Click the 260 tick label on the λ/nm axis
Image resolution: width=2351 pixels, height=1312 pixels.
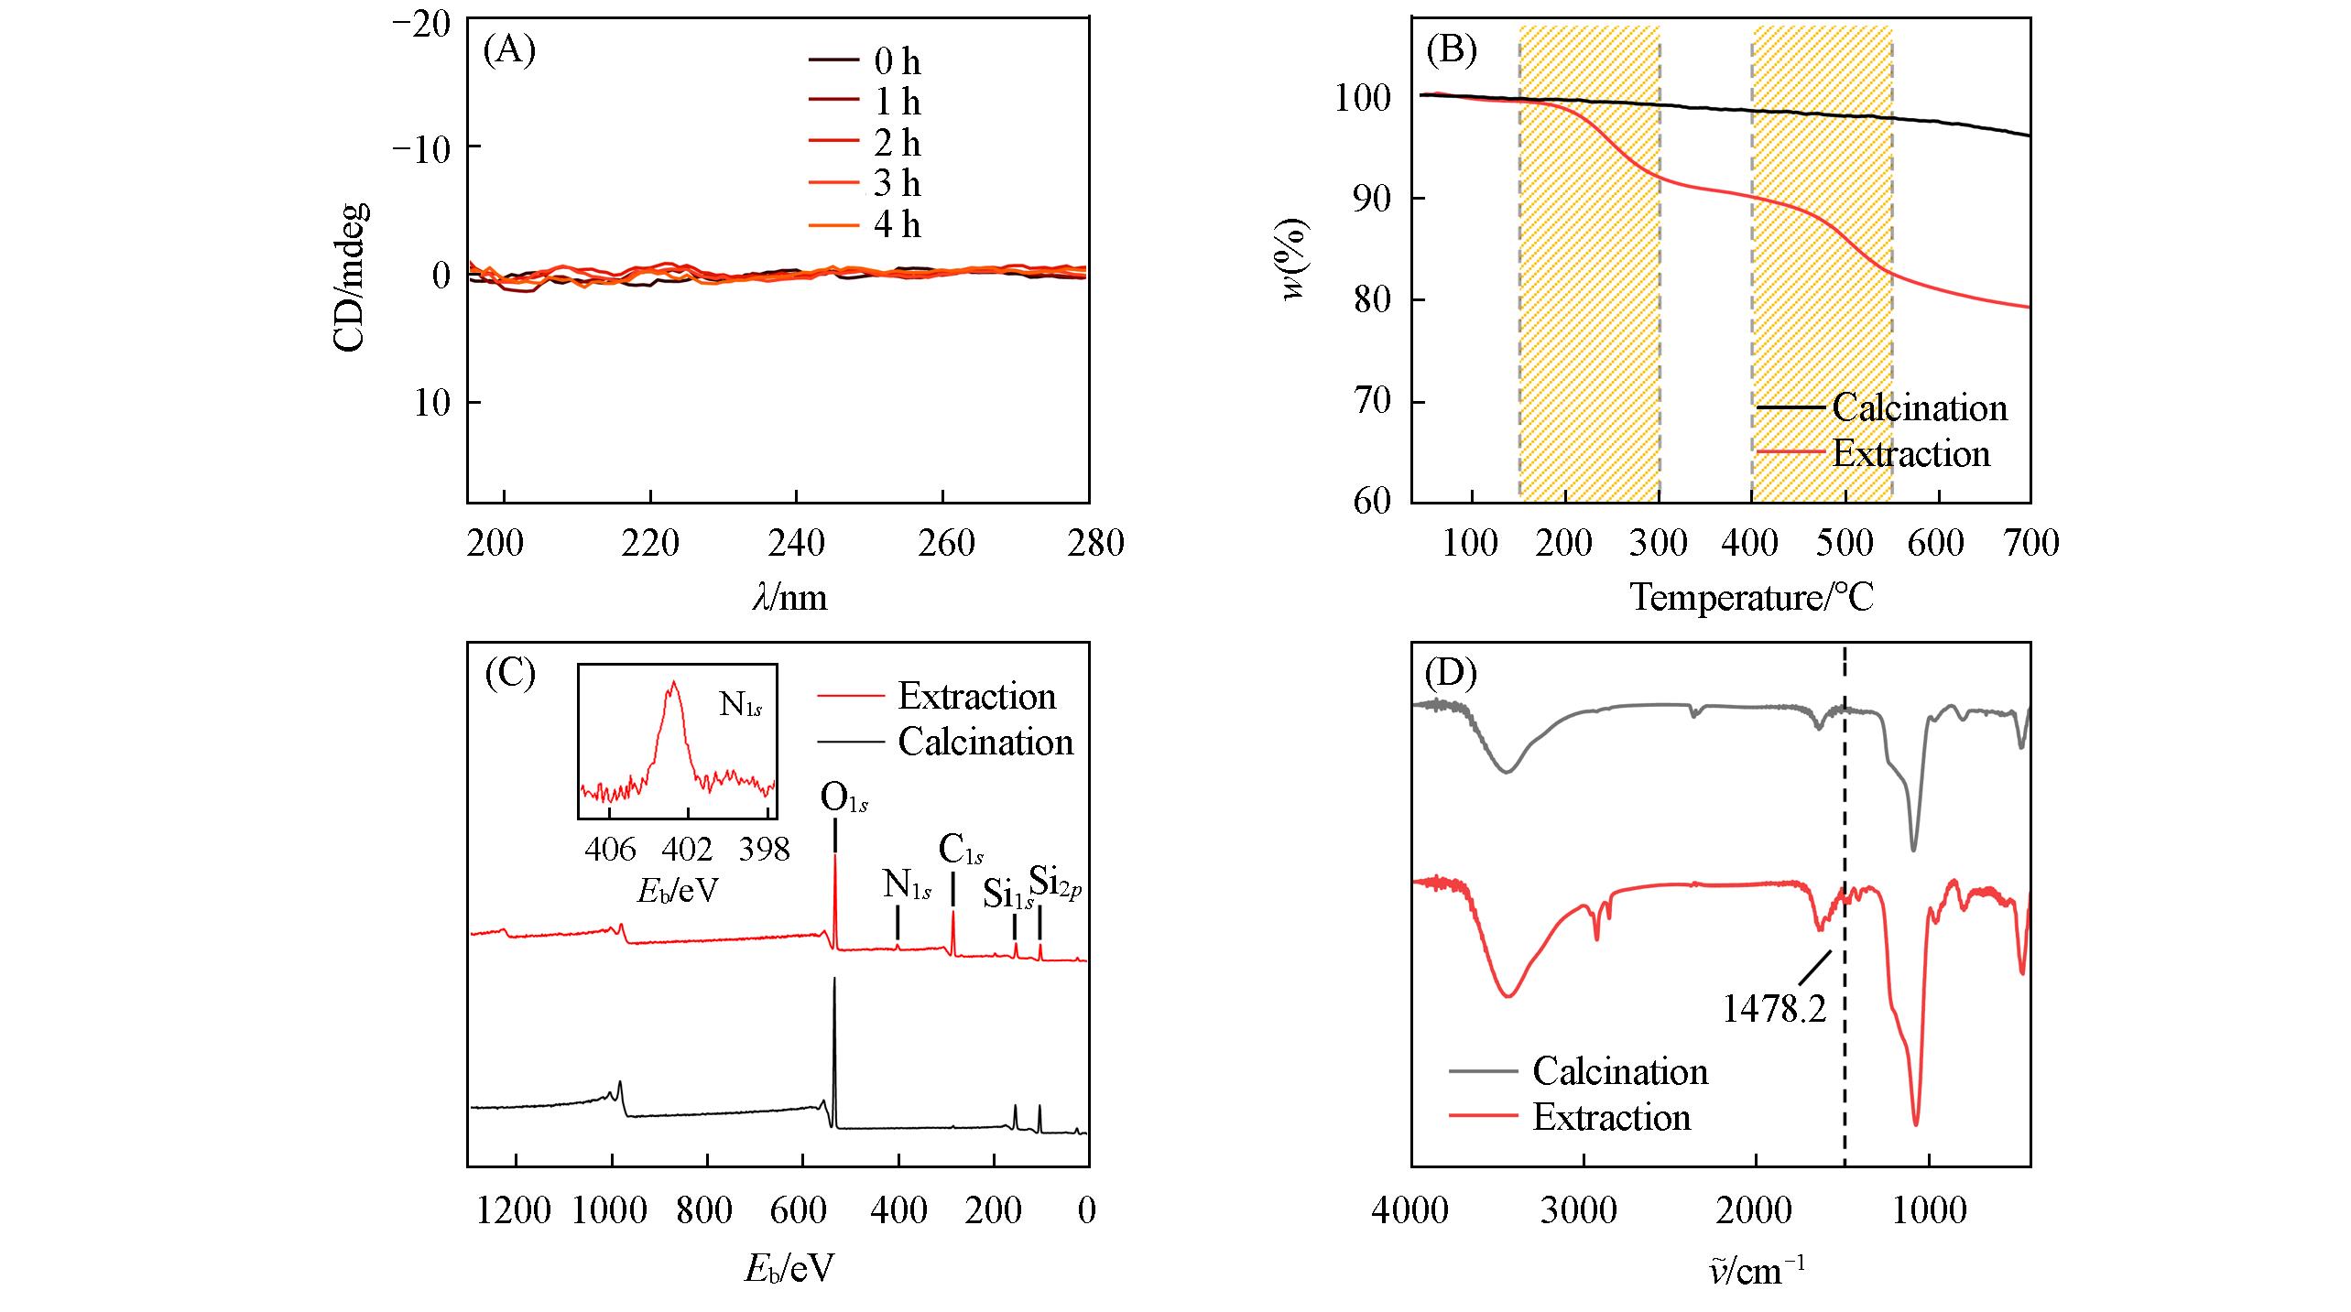944,543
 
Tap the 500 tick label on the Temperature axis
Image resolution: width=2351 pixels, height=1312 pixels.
1845,543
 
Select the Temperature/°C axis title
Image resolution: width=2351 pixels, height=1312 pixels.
1751,598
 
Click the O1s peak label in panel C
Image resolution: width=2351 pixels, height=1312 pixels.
844,798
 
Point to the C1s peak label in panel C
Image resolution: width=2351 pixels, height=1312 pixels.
961,851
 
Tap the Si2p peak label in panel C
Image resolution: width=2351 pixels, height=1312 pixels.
1056,881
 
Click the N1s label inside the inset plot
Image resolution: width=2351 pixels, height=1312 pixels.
741,705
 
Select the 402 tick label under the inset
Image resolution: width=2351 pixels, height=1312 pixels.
687,851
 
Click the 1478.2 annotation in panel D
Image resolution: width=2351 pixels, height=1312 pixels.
1774,1008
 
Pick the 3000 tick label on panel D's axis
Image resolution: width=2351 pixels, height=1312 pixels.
1584,1210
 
